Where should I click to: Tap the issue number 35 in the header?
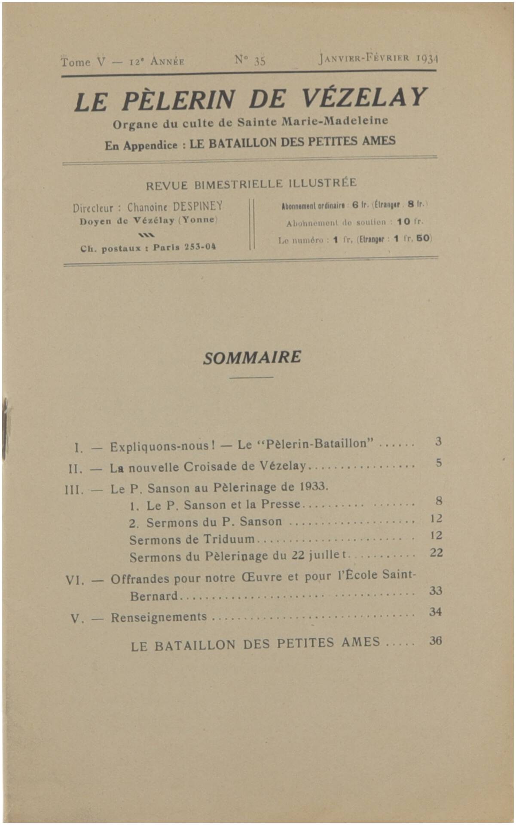point(259,61)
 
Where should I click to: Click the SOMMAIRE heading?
point(252,357)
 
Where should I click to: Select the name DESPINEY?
point(198,207)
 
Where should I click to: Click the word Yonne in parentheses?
point(198,220)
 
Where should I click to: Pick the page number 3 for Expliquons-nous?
point(438,441)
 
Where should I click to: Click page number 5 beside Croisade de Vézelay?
point(438,463)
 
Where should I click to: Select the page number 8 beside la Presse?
point(439,501)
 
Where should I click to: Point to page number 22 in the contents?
point(436,553)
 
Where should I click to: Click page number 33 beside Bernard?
point(436,591)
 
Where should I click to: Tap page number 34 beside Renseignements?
point(435,611)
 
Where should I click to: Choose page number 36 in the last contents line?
point(435,641)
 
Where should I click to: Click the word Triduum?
point(229,539)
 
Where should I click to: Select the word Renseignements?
point(159,617)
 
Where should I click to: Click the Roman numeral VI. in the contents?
point(75,580)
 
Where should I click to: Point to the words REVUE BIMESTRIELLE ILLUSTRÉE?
point(251,184)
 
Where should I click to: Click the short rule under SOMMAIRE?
point(251,377)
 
